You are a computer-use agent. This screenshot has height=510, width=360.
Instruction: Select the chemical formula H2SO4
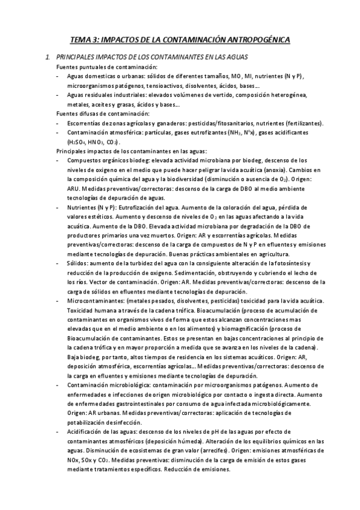[x=77, y=142]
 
